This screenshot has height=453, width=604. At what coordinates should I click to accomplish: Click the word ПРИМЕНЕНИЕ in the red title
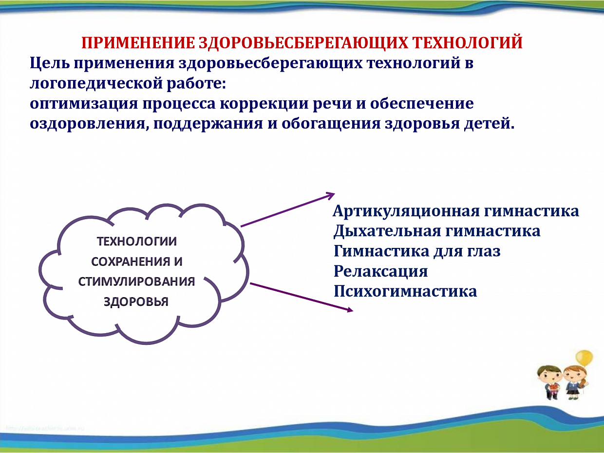tap(138, 43)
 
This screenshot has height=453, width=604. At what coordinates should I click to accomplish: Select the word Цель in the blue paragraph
tap(50, 63)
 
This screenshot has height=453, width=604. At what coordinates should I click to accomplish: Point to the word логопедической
tap(98, 84)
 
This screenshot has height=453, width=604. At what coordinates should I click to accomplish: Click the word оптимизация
tap(84, 104)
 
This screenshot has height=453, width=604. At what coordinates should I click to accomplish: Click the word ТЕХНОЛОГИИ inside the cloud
tap(137, 242)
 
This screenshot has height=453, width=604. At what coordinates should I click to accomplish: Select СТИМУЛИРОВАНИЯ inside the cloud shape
tap(137, 282)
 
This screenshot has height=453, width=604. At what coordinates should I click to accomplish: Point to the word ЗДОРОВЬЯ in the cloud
tap(136, 302)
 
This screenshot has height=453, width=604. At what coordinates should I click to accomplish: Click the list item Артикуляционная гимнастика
tap(456, 211)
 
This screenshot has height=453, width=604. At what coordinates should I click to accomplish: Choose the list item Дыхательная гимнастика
tap(437, 231)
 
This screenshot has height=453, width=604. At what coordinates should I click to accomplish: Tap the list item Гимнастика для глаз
tap(417, 251)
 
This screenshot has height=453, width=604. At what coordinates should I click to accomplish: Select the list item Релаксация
tap(380, 271)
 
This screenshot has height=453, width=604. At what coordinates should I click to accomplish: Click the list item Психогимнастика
tap(405, 291)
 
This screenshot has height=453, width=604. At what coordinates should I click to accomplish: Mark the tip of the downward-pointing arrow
tap(353, 311)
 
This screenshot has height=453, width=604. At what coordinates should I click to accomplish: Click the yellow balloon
tap(584, 358)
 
